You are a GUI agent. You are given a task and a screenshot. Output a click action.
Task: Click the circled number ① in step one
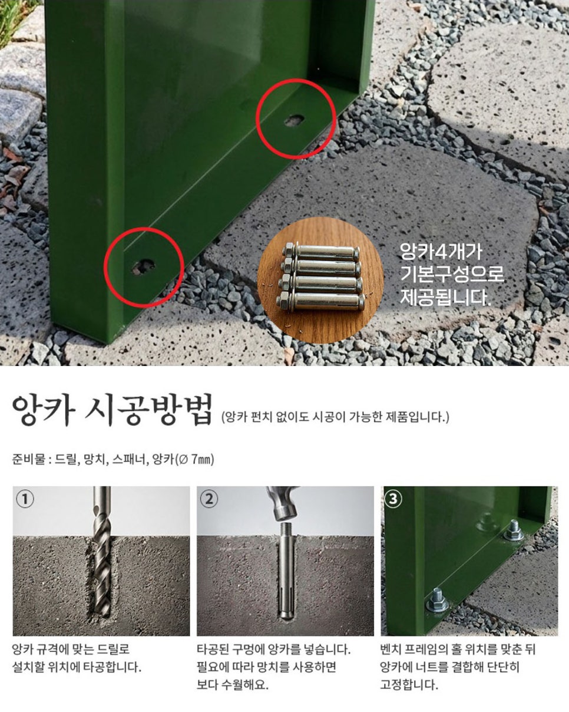pos(25,499)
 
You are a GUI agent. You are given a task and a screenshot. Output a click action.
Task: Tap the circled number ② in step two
pos(209,499)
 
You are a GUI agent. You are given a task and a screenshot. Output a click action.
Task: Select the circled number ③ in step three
pos(393,499)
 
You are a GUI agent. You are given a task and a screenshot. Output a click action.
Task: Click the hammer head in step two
pos(283,502)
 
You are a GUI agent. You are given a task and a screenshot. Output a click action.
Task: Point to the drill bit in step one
pos(102,552)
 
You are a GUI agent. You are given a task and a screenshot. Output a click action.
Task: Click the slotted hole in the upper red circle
pos(295,120)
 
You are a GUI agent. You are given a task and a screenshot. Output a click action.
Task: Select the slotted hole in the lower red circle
pos(144,266)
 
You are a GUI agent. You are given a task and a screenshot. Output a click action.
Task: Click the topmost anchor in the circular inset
pos(321,253)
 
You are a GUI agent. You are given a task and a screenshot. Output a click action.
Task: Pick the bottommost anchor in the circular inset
pos(320,301)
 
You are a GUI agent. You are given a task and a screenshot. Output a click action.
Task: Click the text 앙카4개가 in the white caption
pos(441,252)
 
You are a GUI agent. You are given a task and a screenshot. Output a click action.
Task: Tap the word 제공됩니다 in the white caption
pos(445,297)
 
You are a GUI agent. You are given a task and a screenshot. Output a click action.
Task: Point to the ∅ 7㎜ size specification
pos(196,460)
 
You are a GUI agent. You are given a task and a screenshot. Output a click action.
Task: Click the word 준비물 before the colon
pos(28,460)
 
